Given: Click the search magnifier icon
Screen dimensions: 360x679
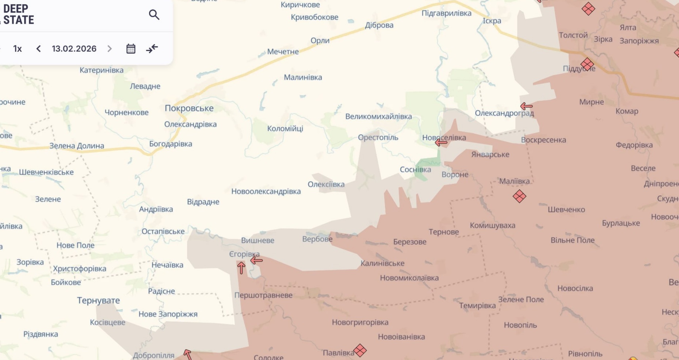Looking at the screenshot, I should click(x=154, y=15).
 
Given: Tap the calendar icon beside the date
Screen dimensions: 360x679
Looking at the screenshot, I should click(x=131, y=49).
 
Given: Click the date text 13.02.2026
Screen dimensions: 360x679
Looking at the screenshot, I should click(x=74, y=49).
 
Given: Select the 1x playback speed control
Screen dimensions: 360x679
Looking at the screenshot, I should click(x=18, y=49).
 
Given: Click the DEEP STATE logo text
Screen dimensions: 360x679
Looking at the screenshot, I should click(x=18, y=15).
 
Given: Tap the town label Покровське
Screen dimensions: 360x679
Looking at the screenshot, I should click(x=189, y=108).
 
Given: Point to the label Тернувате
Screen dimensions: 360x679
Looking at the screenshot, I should click(x=98, y=300).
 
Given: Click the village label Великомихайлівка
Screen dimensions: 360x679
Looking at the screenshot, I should click(x=378, y=116).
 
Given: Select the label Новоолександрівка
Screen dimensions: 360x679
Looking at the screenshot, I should click(x=266, y=191).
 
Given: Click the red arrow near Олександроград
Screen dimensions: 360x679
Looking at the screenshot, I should click(x=526, y=106).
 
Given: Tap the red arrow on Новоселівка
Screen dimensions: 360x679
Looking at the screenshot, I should click(x=441, y=143).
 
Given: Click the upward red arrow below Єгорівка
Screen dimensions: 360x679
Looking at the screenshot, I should click(x=241, y=268).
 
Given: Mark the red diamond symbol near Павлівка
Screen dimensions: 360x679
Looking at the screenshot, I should click(x=360, y=351).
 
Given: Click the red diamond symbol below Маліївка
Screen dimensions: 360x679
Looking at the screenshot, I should click(x=519, y=196).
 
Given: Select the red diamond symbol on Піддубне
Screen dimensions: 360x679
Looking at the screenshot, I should click(x=587, y=64).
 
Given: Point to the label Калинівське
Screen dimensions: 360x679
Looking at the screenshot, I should click(x=382, y=263).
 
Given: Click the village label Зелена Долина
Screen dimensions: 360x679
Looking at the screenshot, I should click(x=77, y=146).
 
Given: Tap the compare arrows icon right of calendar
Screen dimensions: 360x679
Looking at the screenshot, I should click(x=152, y=49).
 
